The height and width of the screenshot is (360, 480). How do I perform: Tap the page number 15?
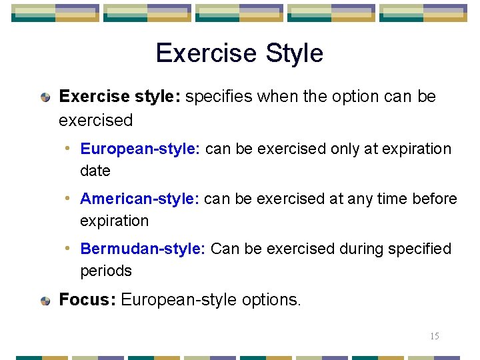(x=434, y=336)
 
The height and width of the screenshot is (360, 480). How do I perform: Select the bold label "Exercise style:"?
(x=119, y=97)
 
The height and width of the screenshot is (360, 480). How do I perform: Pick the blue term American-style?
(x=139, y=199)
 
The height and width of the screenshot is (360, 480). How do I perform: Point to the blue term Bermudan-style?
(x=142, y=249)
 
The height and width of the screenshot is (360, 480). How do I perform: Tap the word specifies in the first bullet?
(x=219, y=97)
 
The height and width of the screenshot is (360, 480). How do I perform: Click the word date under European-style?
(x=95, y=171)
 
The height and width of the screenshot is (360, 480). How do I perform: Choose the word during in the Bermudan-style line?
(x=363, y=249)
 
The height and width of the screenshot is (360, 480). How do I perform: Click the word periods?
(x=106, y=271)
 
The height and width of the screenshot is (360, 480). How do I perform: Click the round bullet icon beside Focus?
(x=45, y=301)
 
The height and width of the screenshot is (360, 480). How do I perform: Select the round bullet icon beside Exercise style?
(x=45, y=97)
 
